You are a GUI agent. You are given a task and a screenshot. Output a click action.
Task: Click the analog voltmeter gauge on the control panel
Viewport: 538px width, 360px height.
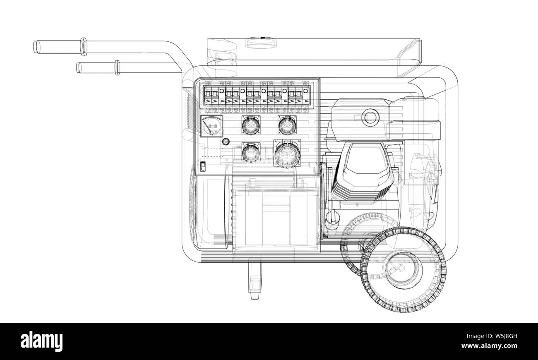click(x=211, y=126)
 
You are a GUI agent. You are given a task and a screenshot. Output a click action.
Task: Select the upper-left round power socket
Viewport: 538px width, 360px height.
click(x=251, y=125)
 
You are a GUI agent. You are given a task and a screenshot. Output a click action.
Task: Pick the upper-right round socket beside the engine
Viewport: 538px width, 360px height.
click(x=287, y=125)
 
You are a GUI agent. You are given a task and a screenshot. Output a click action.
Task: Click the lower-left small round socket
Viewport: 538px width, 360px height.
click(x=251, y=153)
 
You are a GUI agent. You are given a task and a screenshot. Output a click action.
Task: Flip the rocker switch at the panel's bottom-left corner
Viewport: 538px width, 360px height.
click(x=203, y=167)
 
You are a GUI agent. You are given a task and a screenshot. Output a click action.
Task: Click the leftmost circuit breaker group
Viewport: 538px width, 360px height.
click(x=211, y=96)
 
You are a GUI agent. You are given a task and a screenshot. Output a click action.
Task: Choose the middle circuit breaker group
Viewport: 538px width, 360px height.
click(x=253, y=96)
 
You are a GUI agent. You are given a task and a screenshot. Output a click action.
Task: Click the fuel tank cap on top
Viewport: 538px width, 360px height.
click(x=262, y=43)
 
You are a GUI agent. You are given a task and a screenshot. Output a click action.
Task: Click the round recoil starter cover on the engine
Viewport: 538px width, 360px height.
click(x=370, y=117)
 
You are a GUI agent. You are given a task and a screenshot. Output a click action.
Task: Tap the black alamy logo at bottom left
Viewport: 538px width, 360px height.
click(x=42, y=341)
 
